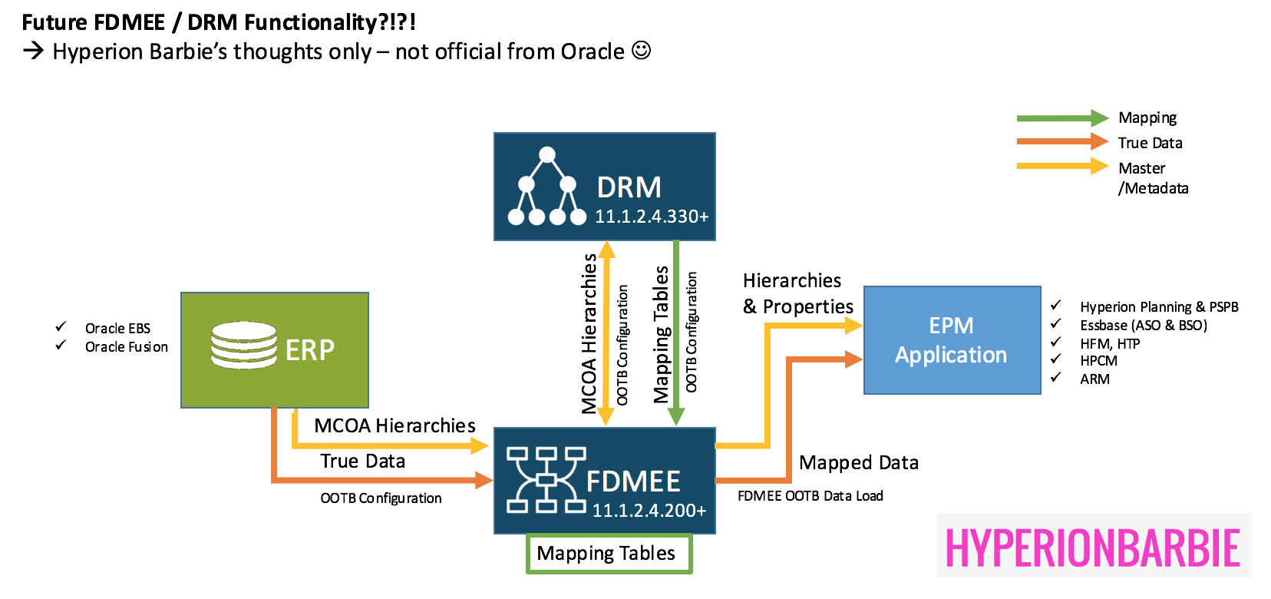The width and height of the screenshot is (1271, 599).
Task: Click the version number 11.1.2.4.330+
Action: pyautogui.click(x=652, y=217)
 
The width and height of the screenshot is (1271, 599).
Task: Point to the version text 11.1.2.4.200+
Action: pyautogui.click(x=649, y=511)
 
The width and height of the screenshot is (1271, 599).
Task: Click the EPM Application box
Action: pyautogui.click(x=952, y=340)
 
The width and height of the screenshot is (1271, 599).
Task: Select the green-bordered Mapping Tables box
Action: pyautogui.click(x=609, y=554)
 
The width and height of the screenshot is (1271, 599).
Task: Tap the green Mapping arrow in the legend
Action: pyautogui.click(x=1062, y=118)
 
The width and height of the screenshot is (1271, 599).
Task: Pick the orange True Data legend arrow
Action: pyautogui.click(x=1062, y=142)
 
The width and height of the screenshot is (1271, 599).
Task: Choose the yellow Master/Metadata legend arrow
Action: pyautogui.click(x=1062, y=166)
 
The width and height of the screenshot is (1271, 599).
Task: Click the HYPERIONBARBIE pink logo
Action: pyautogui.click(x=1093, y=548)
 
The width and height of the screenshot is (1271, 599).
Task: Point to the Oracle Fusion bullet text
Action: pyautogui.click(x=126, y=347)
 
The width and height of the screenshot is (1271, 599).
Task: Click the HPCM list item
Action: pyautogui.click(x=1098, y=361)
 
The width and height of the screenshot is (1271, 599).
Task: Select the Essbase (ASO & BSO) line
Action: pyautogui.click(x=1143, y=326)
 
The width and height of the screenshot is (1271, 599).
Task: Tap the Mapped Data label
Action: pyautogui.click(x=858, y=463)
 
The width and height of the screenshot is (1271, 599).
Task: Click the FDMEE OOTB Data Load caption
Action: pyautogui.click(x=810, y=496)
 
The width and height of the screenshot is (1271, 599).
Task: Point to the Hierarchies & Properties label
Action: pyautogui.click(x=797, y=293)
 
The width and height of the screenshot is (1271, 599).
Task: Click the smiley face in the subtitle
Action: pyautogui.click(x=641, y=51)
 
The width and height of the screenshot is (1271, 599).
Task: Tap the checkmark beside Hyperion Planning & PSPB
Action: pyautogui.click(x=1056, y=306)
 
